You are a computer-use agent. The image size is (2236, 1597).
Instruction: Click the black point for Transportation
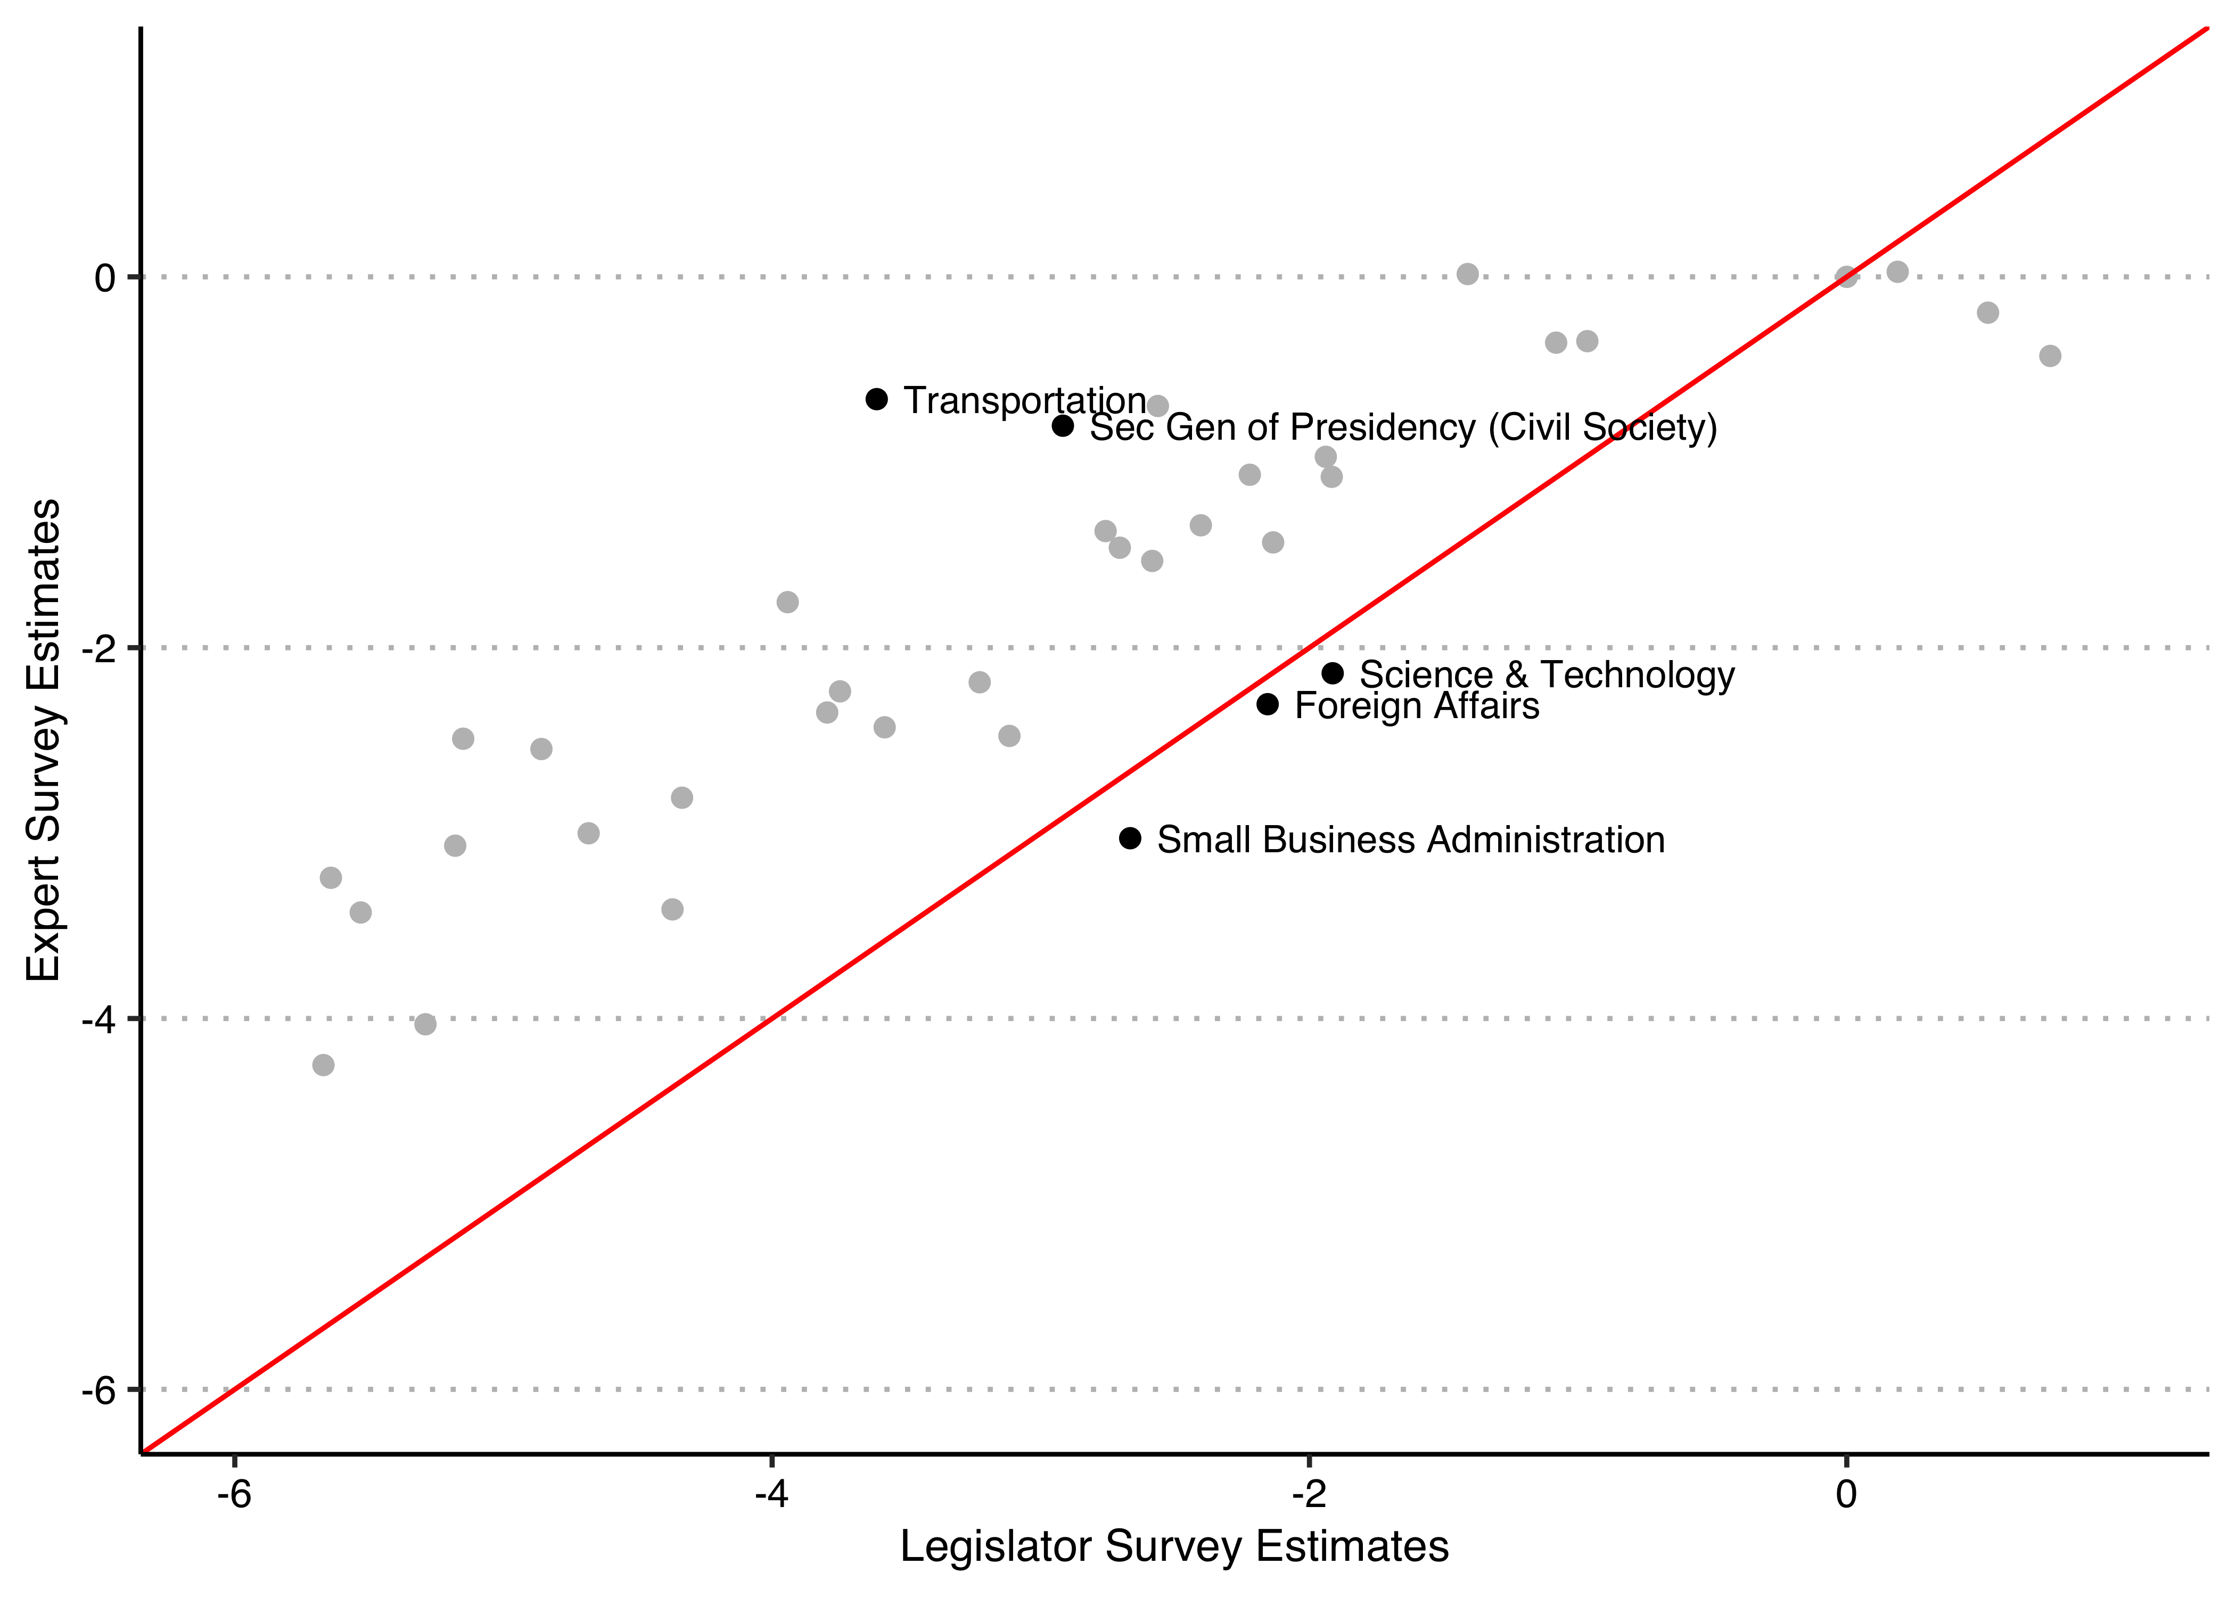(x=876, y=398)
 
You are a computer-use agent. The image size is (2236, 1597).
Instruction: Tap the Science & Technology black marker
(x=1333, y=673)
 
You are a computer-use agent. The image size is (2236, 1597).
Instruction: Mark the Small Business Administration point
(x=1130, y=838)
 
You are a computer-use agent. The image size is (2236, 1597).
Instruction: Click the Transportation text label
(x=1024, y=400)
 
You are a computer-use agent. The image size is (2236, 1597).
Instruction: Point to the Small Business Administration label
(x=1410, y=840)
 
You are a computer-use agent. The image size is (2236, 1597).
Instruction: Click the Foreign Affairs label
(x=1416, y=706)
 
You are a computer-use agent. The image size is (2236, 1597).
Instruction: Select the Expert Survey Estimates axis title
(x=44, y=740)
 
